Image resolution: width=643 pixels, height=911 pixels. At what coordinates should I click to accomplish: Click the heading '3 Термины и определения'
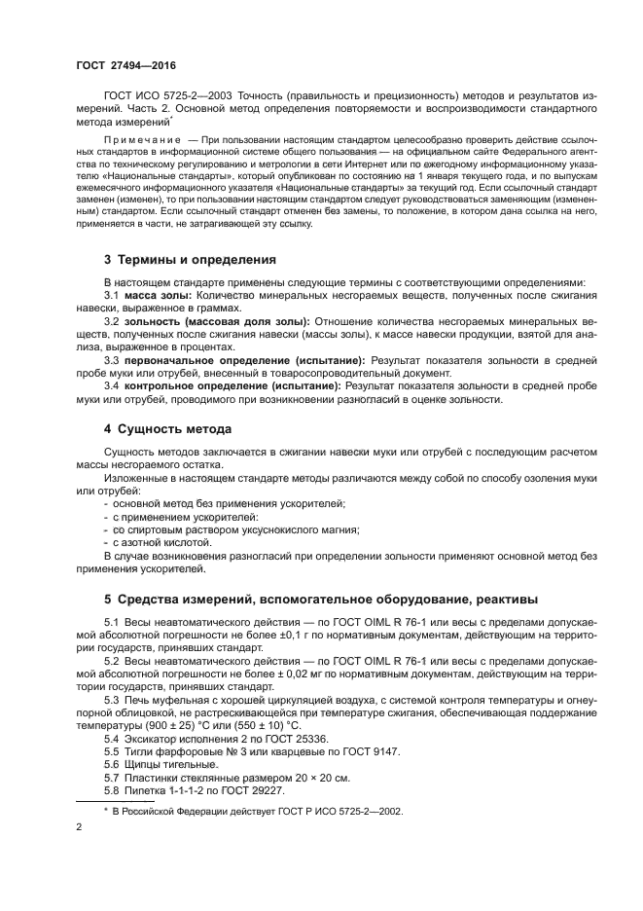(x=190, y=260)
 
